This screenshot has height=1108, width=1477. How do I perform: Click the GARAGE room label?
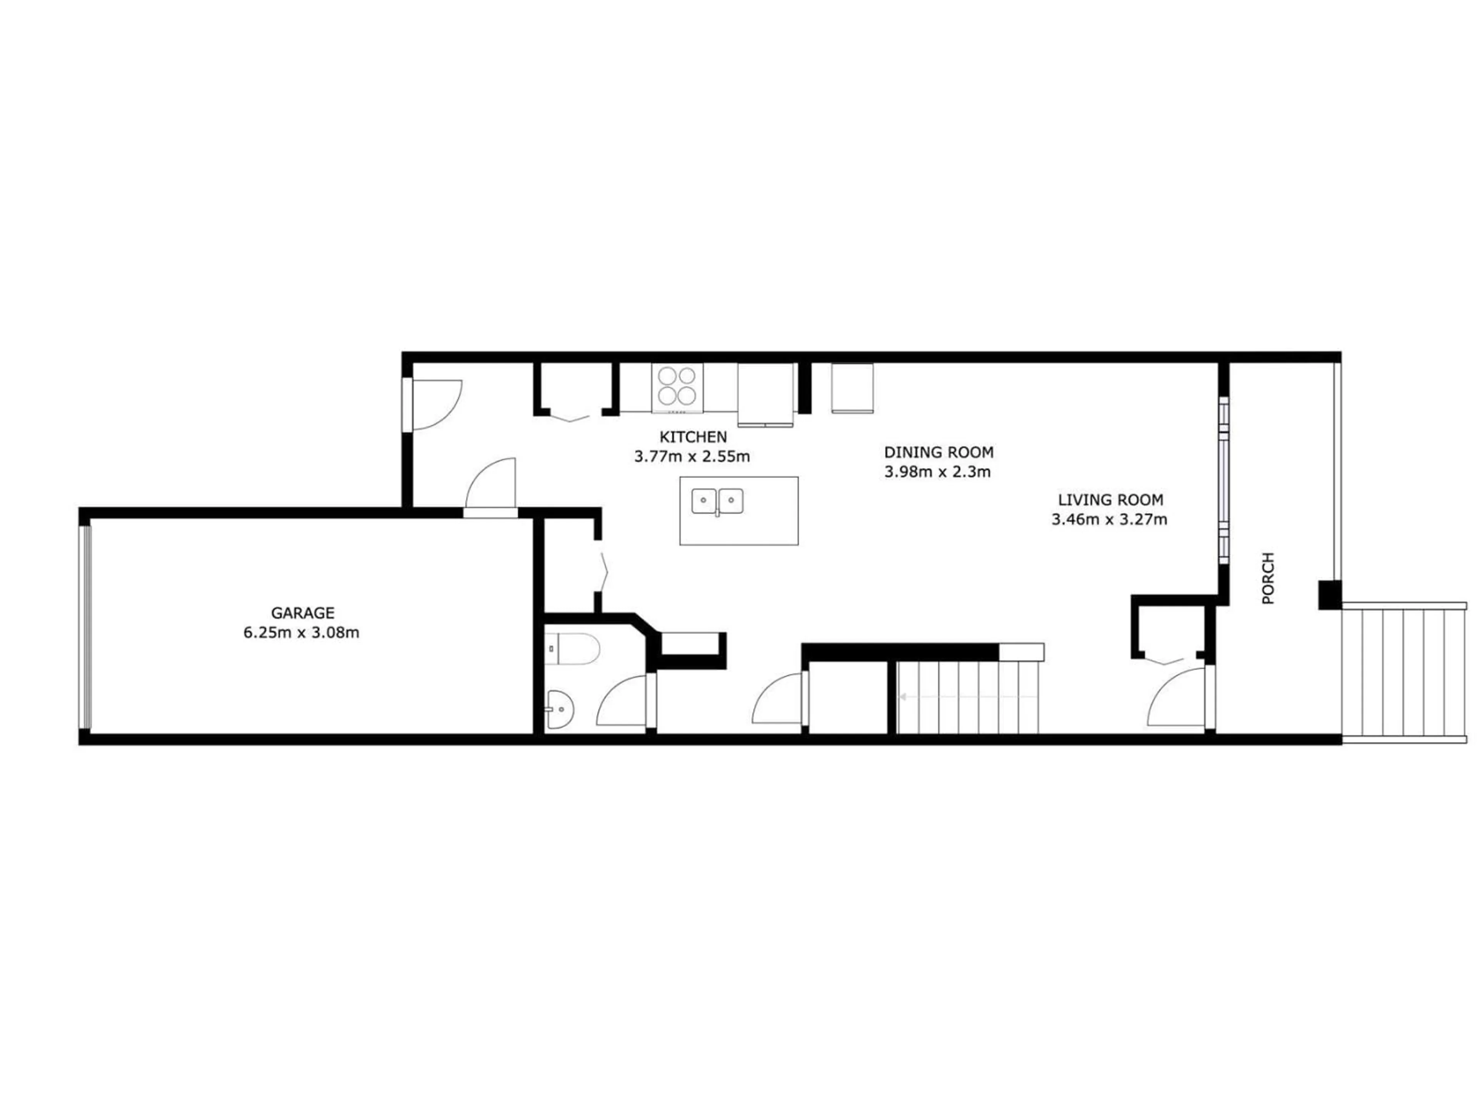point(302,612)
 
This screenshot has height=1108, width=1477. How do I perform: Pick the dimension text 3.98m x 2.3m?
point(937,472)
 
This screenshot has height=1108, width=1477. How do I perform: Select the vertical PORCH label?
point(1269,578)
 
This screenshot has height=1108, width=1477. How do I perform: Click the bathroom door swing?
point(624,701)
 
